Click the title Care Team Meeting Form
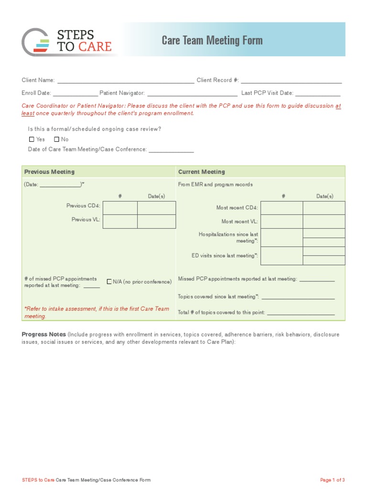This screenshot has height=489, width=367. (x=212, y=40)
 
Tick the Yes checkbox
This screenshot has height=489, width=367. (x=32, y=139)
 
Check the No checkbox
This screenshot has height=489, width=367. (x=56, y=139)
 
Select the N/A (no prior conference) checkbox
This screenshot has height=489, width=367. (x=109, y=282)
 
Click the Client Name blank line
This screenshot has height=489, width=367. (x=125, y=81)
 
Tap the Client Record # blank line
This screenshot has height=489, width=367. (x=291, y=81)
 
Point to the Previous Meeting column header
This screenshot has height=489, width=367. (x=49, y=172)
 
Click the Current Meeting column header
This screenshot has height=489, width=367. (x=201, y=172)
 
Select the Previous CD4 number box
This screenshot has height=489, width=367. (x=120, y=208)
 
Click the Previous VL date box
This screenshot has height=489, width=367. (x=156, y=222)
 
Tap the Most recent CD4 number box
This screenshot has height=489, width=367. (x=281, y=208)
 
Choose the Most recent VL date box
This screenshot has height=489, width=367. (x=324, y=222)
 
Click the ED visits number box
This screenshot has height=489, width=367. (x=281, y=255)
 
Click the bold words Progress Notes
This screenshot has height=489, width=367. (x=43, y=335)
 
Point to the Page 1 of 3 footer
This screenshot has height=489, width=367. (x=332, y=480)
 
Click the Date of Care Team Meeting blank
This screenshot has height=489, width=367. (x=171, y=150)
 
